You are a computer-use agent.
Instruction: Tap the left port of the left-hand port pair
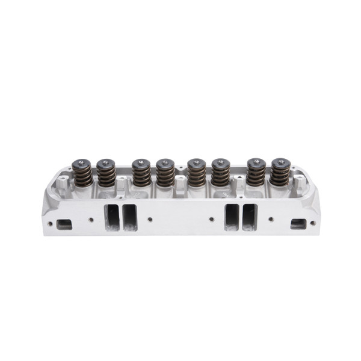(111, 217)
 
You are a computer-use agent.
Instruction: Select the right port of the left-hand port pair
(129, 217)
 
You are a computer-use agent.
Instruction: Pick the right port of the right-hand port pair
(249, 217)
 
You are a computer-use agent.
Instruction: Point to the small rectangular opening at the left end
(63, 224)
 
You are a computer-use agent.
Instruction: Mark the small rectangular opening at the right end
(298, 224)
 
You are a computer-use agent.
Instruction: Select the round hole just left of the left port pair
(90, 220)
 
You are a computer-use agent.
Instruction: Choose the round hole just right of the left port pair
(150, 220)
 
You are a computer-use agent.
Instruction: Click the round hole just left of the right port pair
(211, 220)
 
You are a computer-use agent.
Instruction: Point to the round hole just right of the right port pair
(271, 220)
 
